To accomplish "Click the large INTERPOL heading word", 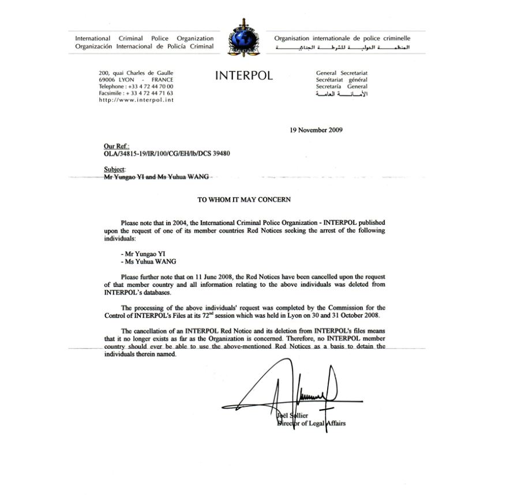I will [x=243, y=76].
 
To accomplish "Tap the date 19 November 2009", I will [x=316, y=130].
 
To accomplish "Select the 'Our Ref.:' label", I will [x=116, y=147].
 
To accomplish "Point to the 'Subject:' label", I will [x=114, y=169].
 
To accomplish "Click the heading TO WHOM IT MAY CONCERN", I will [x=244, y=200].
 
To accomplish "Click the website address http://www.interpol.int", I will [x=136, y=100].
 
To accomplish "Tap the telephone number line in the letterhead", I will [x=136, y=86].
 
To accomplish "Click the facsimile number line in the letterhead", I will [x=136, y=93].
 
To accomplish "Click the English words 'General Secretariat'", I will [x=342, y=73].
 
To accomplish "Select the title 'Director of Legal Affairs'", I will [x=312, y=424].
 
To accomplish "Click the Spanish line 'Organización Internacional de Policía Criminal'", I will [x=144, y=46].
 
